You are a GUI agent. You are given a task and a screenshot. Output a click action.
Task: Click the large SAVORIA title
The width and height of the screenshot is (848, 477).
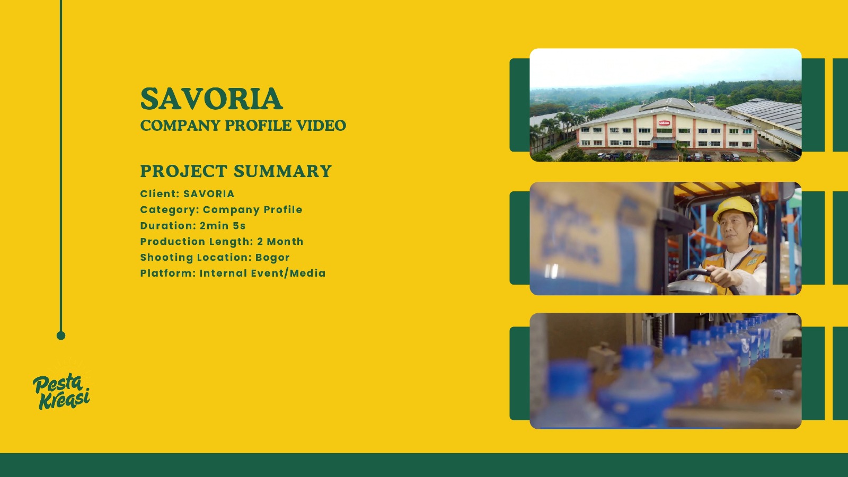coord(211,99)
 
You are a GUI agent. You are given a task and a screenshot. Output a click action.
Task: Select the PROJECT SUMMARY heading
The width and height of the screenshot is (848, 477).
coord(236,171)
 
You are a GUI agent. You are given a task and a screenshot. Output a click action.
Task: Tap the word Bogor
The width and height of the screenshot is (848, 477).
coord(272,258)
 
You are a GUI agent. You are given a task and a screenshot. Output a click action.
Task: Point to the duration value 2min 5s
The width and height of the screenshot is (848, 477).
coord(223,226)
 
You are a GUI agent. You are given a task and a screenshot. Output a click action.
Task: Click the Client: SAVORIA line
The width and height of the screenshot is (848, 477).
coord(188,194)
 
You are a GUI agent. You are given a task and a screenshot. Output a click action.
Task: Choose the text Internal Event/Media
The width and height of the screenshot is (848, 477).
coord(262,273)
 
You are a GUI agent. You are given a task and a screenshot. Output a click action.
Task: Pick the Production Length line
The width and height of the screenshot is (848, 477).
coord(222,242)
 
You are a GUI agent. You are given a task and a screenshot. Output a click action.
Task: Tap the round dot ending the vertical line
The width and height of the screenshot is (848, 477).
coord(61,335)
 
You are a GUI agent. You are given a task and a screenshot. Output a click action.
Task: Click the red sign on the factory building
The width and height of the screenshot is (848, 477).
coord(664,123)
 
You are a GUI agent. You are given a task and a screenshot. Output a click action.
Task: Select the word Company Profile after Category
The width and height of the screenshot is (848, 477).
coord(252,210)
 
